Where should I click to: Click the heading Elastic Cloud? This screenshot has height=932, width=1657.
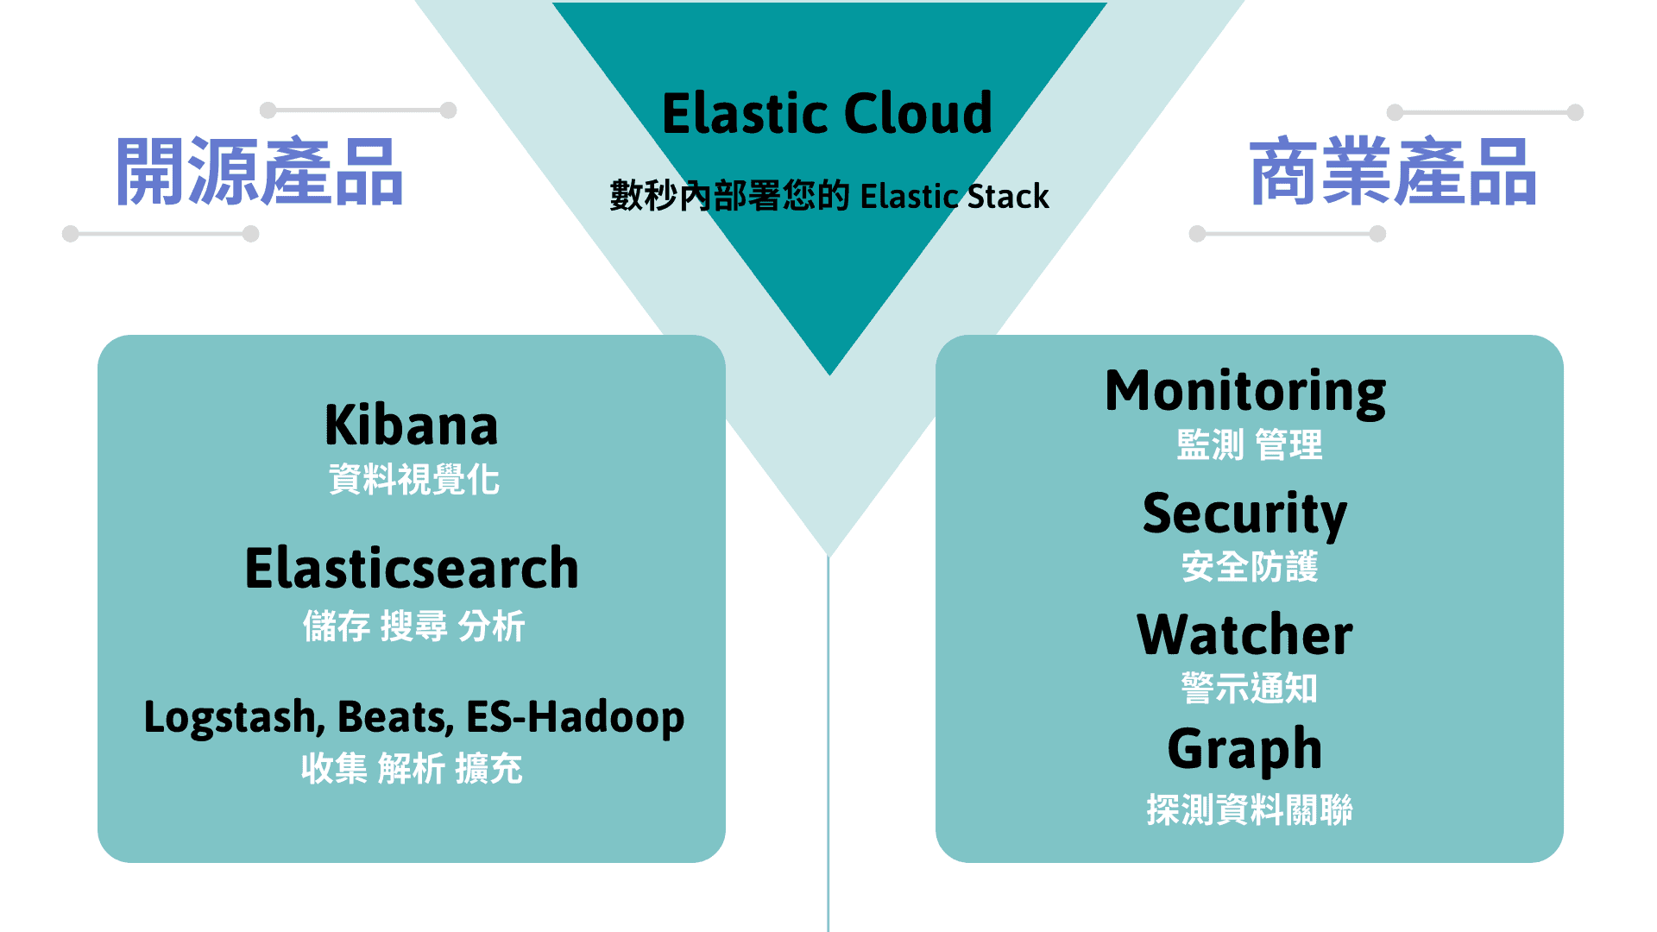827,114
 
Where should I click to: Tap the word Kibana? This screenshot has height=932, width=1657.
412,425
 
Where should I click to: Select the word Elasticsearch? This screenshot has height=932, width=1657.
412,569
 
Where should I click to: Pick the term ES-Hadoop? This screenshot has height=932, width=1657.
575,717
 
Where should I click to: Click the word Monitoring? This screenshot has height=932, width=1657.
1245,392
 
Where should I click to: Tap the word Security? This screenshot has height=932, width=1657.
1244,514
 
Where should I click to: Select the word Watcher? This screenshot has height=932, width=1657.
1244,635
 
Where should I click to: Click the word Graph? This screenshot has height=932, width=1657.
1244,749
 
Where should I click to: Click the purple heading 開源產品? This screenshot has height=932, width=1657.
260,172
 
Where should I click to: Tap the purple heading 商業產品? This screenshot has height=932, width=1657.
1393,172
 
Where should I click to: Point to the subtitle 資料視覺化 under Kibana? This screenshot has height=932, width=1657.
413,480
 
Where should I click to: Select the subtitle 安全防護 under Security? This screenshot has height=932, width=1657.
1249,567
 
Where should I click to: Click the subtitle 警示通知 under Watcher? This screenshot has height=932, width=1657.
1249,689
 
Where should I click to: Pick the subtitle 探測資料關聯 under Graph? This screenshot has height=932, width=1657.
1249,809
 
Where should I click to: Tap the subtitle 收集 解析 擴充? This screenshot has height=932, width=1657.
412,768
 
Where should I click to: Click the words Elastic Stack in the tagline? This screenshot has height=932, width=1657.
955,197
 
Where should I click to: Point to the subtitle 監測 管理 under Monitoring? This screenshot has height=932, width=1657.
1249,445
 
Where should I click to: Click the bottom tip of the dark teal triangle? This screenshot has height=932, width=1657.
829,371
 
